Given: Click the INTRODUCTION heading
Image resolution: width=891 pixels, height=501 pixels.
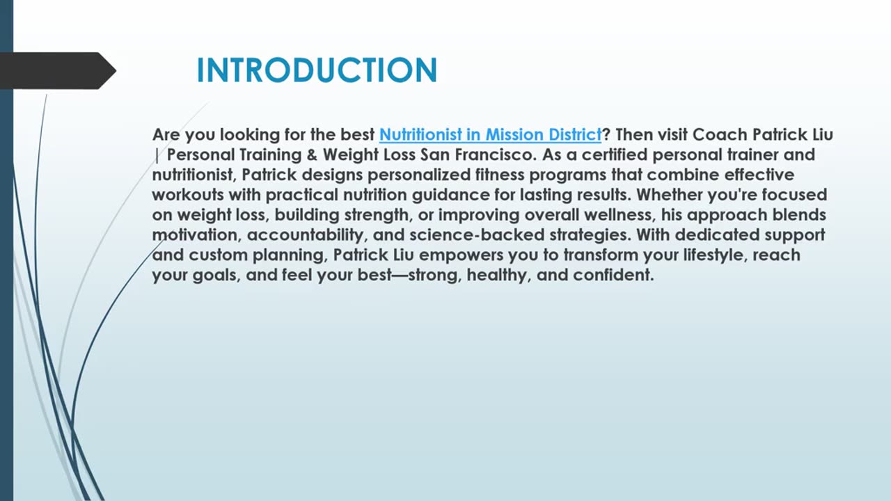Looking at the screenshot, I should click(x=317, y=71).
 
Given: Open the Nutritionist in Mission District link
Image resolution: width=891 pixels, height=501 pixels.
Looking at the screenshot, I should click(x=490, y=134).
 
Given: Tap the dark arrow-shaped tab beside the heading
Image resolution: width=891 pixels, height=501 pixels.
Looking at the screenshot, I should click(x=56, y=71).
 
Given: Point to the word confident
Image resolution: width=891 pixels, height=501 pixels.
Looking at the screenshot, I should click(x=613, y=276).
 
